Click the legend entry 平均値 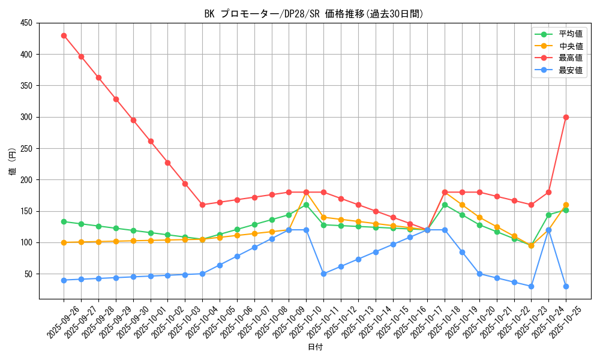(x=571, y=34)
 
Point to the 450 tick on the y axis (x=26, y=23)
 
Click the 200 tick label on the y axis (x=26, y=180)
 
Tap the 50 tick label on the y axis (x=29, y=274)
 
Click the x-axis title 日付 (x=315, y=347)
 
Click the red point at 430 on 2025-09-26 (x=64, y=35)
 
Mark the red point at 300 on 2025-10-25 (x=566, y=117)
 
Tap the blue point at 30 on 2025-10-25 (x=566, y=286)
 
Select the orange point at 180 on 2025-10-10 (x=306, y=192)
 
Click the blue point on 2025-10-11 (x=323, y=274)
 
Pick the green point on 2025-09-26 (x=64, y=221)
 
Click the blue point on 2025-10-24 (x=548, y=230)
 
